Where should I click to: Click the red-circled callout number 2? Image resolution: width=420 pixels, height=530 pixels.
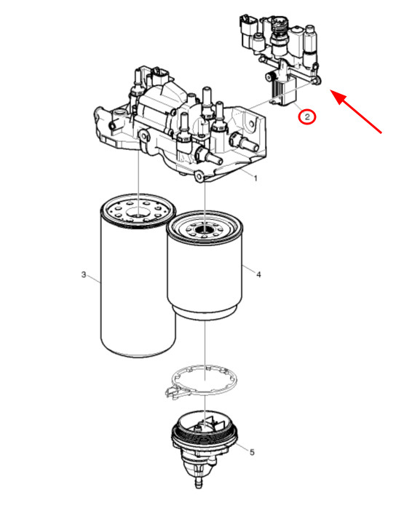(x=307, y=116)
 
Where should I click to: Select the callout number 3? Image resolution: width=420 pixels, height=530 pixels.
(x=84, y=274)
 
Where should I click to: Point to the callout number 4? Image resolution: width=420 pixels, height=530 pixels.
(x=258, y=274)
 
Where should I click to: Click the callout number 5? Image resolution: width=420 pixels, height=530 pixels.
(x=253, y=452)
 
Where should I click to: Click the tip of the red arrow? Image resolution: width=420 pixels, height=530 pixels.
(x=332, y=91)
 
